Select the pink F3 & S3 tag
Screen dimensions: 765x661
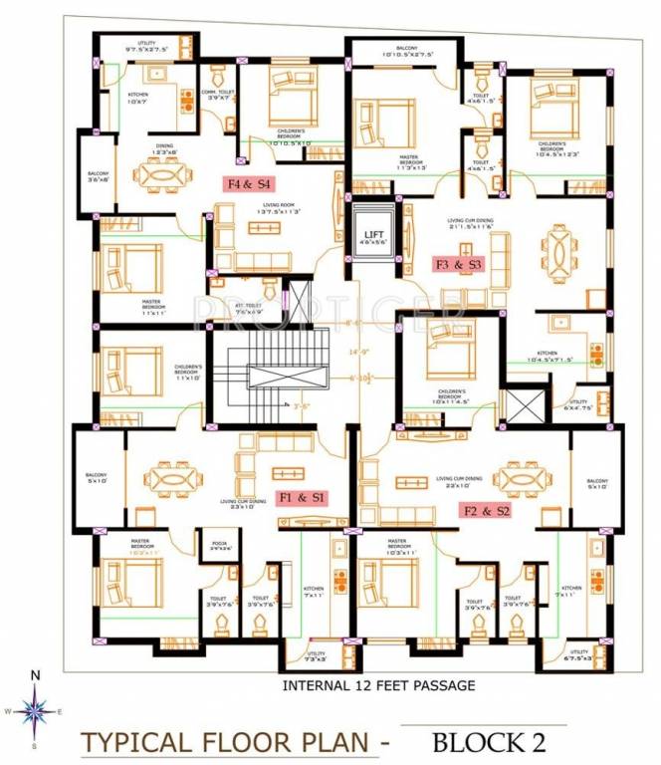click(x=458, y=265)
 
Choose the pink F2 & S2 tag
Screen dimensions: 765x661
click(x=486, y=510)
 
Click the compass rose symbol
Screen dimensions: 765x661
click(x=35, y=711)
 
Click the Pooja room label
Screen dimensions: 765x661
click(x=220, y=546)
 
